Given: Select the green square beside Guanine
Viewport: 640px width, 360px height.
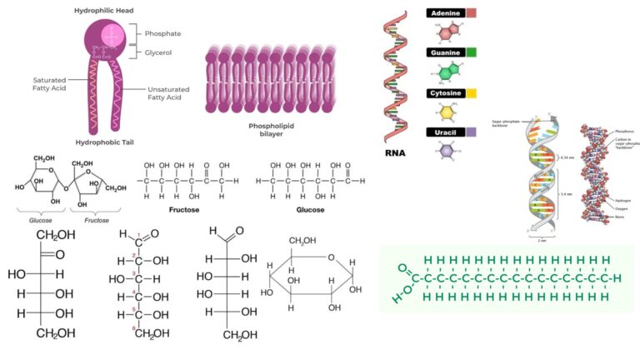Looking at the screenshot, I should [471, 53].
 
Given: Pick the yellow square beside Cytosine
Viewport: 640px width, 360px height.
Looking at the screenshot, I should [471, 93].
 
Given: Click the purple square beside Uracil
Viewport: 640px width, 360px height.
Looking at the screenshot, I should [471, 132].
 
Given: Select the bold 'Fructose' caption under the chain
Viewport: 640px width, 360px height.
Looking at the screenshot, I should [183, 211].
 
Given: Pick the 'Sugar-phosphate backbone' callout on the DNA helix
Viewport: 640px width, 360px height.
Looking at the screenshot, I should [504, 124].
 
